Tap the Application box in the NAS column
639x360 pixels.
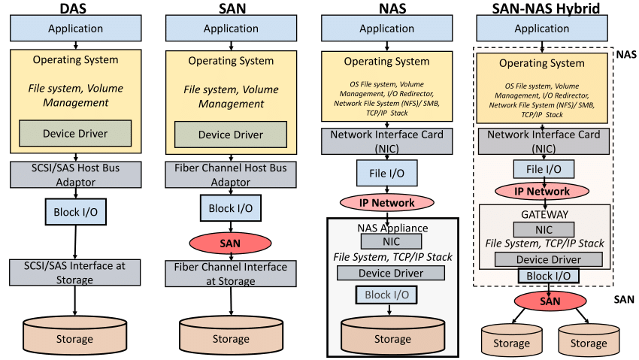[386, 29]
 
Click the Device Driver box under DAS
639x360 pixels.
[74, 134]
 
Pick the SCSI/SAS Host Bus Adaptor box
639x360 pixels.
[75, 174]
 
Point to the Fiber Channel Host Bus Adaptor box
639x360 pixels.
[231, 174]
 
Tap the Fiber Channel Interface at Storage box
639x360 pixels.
[231, 273]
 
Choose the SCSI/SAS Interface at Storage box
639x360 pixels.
[75, 273]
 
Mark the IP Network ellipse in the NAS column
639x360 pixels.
[386, 203]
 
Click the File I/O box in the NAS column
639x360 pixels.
[386, 174]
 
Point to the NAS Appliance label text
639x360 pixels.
[386, 228]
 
